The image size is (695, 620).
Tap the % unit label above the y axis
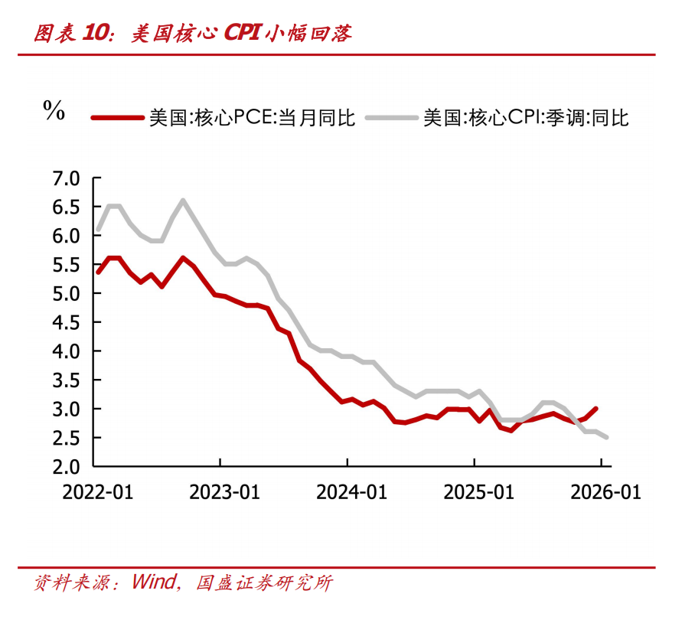pos(54,110)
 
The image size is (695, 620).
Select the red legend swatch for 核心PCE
pos(117,118)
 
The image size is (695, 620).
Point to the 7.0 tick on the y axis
pos(66,178)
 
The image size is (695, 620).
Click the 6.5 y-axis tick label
pos(66,207)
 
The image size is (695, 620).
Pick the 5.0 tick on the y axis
pos(66,294)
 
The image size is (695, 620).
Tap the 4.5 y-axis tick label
pos(66,322)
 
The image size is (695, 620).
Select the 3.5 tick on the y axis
pos(66,380)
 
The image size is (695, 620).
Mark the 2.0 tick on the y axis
pos(66,466)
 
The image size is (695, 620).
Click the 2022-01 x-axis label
pos(97,492)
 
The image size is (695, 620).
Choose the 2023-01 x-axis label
pos(221,492)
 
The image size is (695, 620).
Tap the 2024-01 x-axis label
pos(348,492)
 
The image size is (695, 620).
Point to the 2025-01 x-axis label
pos(475,492)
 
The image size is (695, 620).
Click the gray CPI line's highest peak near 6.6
pos(182,201)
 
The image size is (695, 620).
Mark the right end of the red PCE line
pos(595,409)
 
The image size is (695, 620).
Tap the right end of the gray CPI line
pos(606,437)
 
